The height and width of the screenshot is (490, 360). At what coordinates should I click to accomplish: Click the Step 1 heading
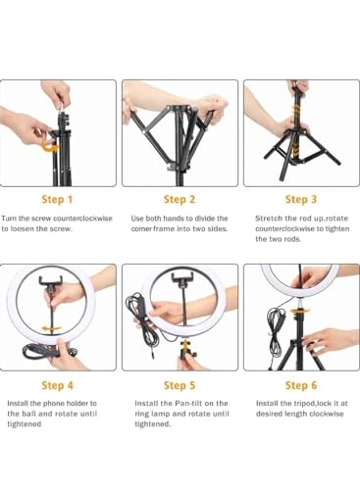(57, 199)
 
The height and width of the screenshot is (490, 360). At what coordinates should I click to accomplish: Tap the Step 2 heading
(180, 199)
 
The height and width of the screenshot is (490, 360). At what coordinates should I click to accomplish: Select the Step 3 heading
(301, 199)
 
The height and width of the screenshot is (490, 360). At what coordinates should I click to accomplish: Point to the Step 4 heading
(57, 385)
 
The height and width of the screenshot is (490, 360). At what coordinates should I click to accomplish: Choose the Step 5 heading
(180, 385)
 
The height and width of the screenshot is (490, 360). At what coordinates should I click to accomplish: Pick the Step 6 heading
(301, 385)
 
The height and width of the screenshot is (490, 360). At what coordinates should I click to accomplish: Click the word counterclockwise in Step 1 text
(82, 219)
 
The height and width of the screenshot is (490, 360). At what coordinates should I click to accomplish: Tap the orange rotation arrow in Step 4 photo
(51, 328)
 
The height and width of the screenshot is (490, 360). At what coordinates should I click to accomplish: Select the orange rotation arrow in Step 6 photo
(299, 311)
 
